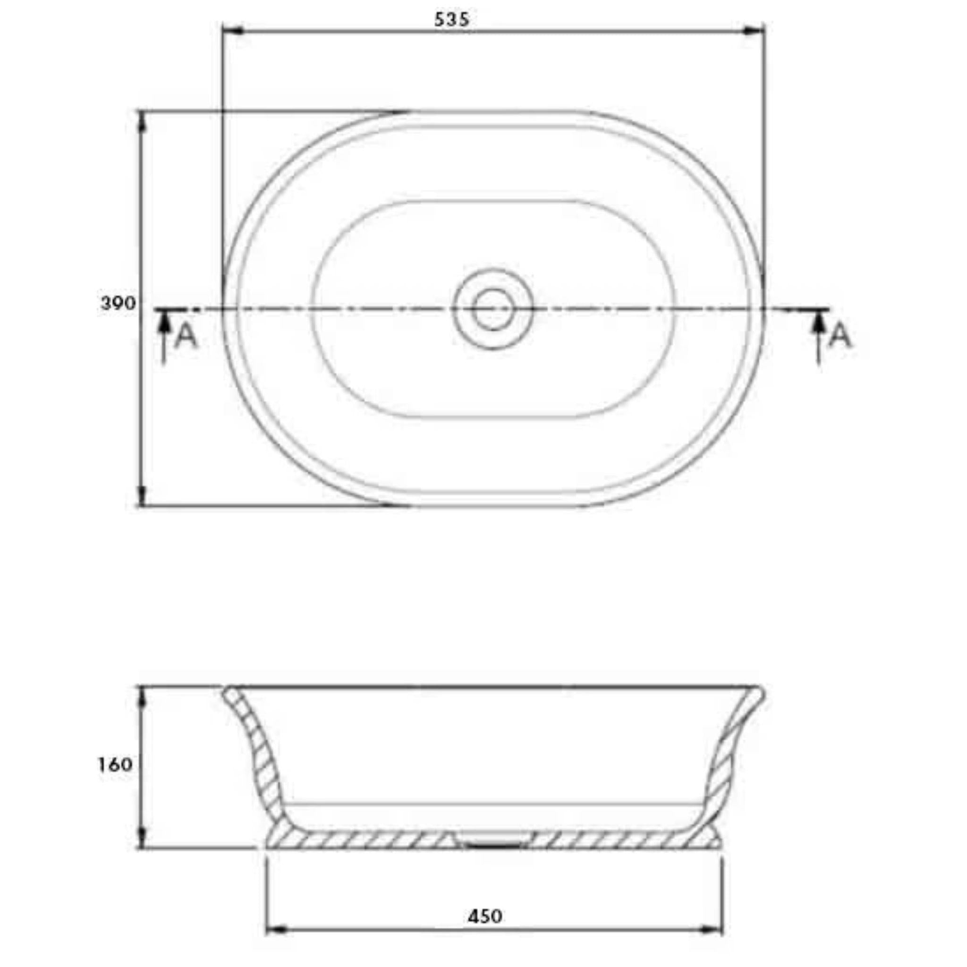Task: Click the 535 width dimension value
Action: pyautogui.click(x=451, y=19)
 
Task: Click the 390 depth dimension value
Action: pyautogui.click(x=118, y=303)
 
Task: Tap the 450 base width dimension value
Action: pyautogui.click(x=485, y=916)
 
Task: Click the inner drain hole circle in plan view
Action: pyautogui.click(x=493, y=309)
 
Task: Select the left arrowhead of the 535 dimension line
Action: pyautogui.click(x=232, y=31)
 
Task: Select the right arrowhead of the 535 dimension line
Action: pyautogui.click(x=755, y=31)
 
